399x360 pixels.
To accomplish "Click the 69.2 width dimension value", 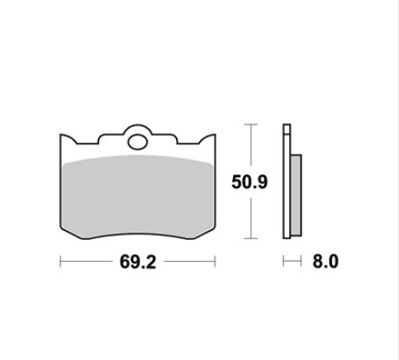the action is click(x=137, y=262).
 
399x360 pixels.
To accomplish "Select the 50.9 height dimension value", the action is click(x=250, y=182).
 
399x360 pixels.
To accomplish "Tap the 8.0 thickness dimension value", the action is click(x=325, y=262).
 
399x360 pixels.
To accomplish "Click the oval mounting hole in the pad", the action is click(x=137, y=142).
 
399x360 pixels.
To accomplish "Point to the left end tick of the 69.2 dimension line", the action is click(x=60, y=261).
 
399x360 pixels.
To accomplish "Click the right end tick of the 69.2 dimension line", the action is click(x=215, y=261).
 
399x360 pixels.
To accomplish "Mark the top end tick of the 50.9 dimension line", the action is click(x=251, y=124).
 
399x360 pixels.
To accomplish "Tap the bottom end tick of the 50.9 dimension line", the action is click(x=251, y=238).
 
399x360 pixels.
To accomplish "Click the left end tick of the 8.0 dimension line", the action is click(x=283, y=261).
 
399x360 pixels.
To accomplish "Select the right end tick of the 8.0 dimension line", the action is click(x=301, y=261).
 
